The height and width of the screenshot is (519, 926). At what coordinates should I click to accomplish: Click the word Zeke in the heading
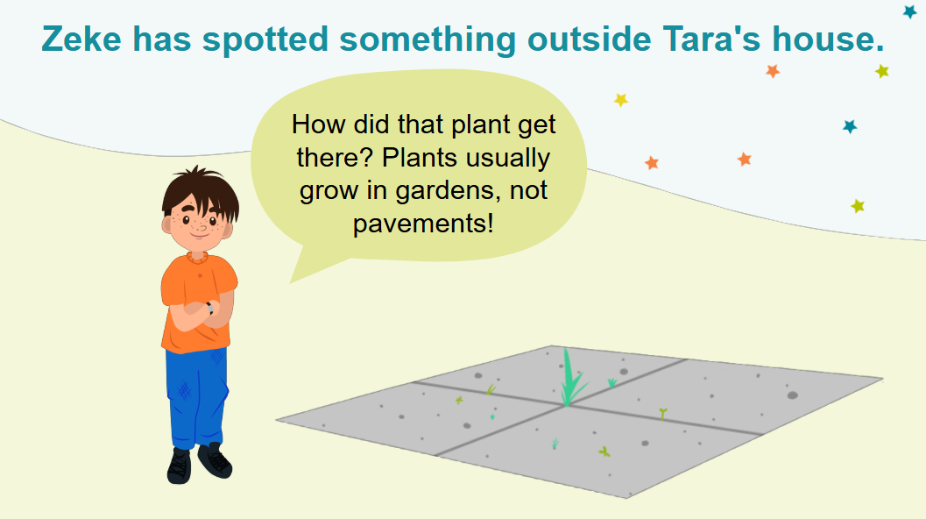pos(81,39)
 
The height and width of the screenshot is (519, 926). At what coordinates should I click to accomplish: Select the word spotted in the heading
pos(265,39)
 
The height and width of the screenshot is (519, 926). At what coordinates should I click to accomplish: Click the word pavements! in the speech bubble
pos(423,224)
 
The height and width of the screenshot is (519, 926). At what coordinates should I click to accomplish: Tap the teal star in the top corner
pos(910,11)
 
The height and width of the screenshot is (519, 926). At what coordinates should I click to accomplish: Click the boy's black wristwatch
pos(209,308)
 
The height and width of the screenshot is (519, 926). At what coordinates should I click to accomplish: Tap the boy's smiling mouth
pos(200,236)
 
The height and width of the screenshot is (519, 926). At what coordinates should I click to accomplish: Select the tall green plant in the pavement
pos(570,379)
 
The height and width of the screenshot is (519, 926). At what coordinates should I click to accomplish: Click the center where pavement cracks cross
pos(565,406)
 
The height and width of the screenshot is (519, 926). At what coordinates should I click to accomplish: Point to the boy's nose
pos(202,227)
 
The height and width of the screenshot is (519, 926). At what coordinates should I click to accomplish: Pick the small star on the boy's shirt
pos(200,275)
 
